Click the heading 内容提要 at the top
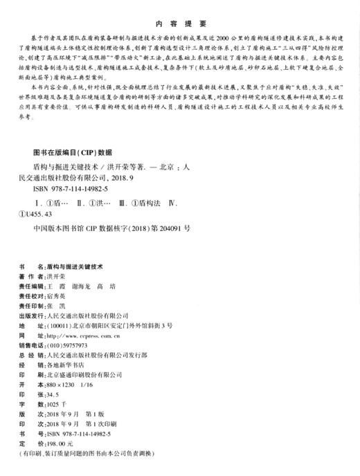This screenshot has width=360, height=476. pyautogui.click(x=179, y=21)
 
